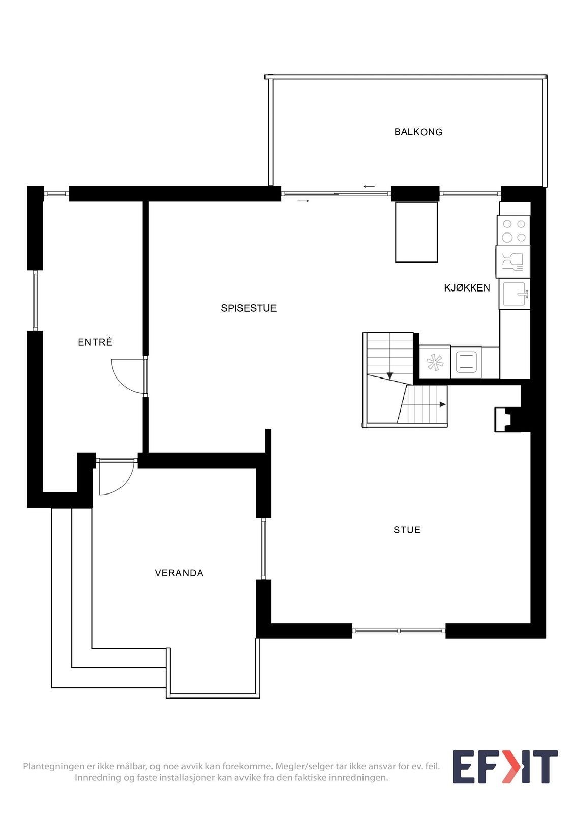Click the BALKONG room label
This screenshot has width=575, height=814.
pos(418,132)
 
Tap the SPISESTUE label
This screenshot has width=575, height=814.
pos(249,308)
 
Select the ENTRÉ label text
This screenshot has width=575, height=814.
pos(95,342)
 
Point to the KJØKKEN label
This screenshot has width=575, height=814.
pos(467,288)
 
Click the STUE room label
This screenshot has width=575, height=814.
pos(407,530)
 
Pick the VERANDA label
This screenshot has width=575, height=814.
pos(179,573)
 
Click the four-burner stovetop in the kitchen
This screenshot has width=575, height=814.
pos(513,231)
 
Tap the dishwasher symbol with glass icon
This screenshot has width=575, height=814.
pos(513,263)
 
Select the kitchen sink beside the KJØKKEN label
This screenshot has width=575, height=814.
pos(515,295)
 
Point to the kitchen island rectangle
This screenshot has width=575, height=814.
pos(416,232)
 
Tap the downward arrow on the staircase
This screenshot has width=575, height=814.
pos(390,376)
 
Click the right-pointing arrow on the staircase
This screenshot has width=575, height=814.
pos(442,404)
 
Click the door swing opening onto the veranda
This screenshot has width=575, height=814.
pos(116,477)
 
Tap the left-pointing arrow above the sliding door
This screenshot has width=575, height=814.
pos(369,186)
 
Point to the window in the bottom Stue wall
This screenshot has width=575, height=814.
pos(399,631)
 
